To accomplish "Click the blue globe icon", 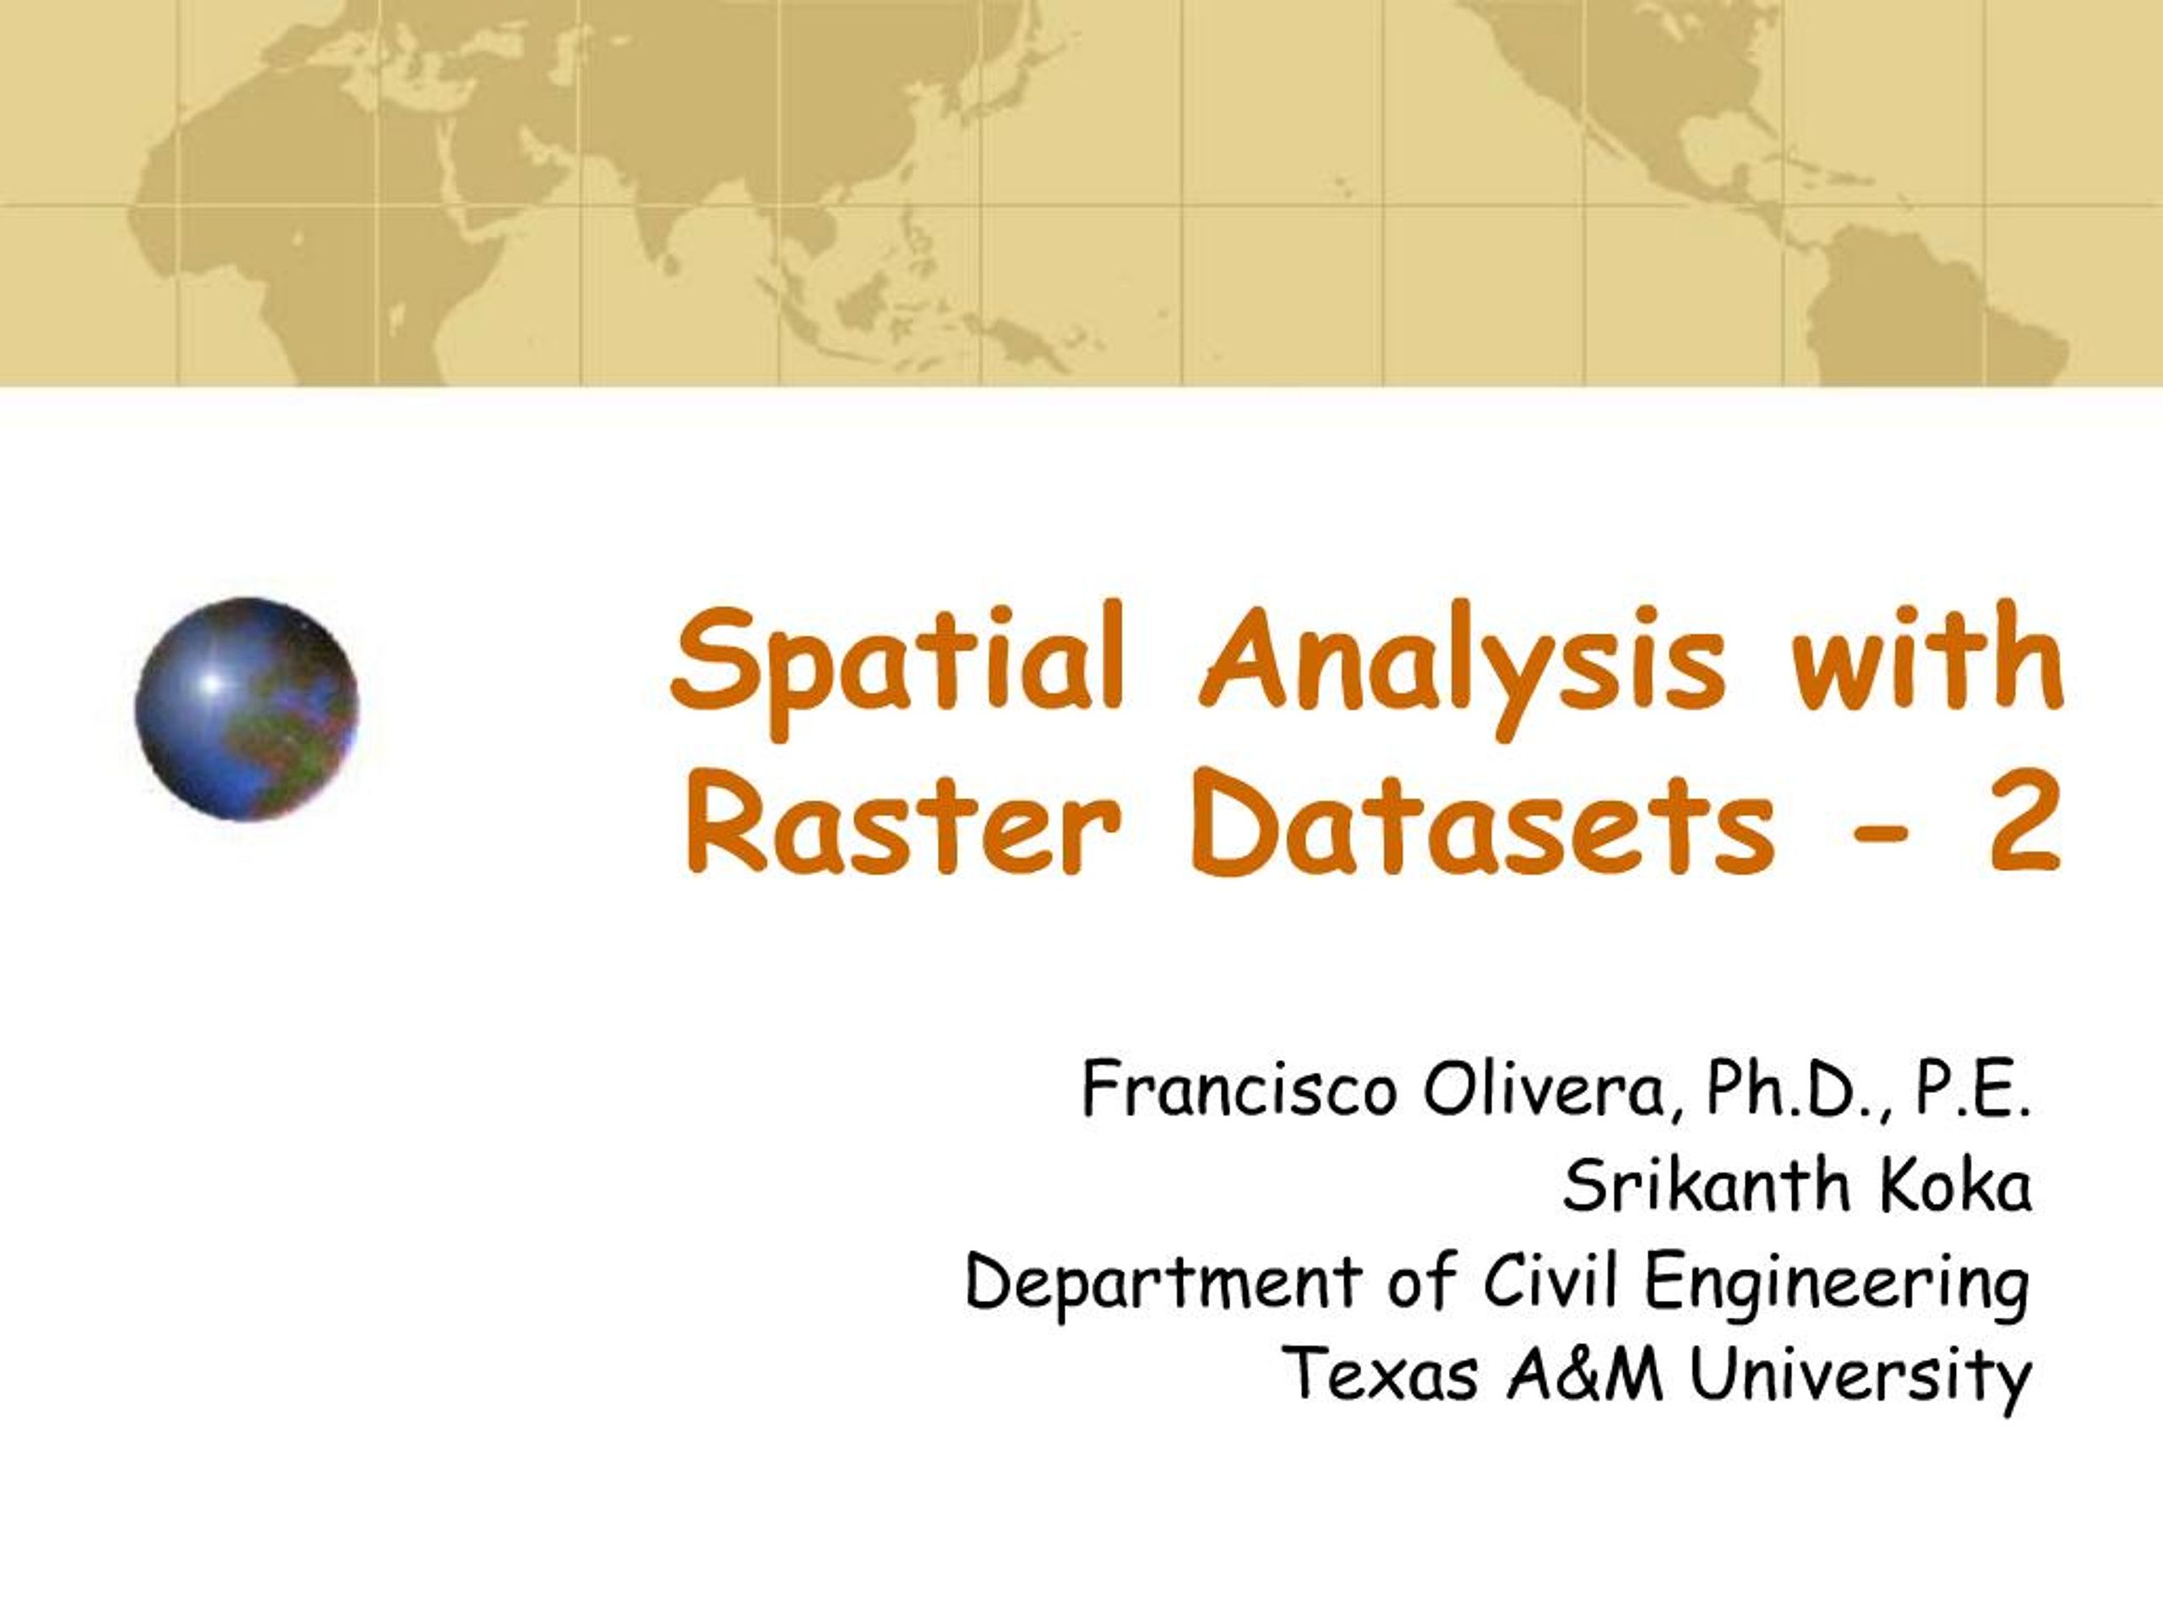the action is tap(247, 709).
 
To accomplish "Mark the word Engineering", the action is tap(1835, 1285).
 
